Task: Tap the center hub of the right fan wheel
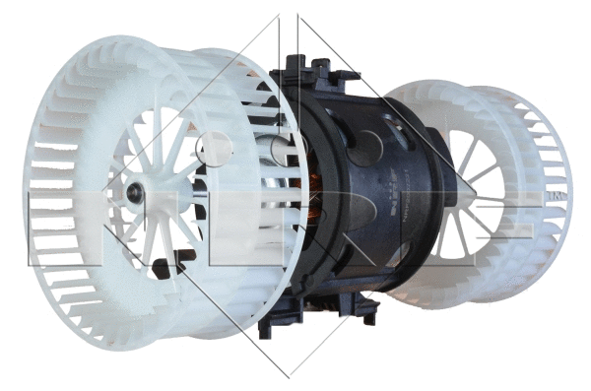[x=471, y=198]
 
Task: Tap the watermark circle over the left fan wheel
[x=214, y=149]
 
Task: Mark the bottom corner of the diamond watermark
[x=289, y=377]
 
